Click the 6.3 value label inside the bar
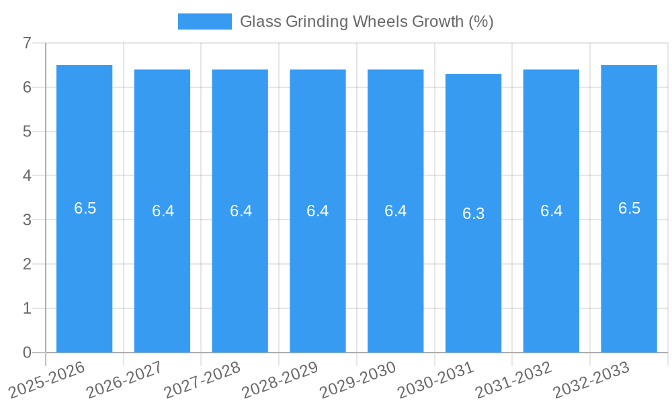(473, 214)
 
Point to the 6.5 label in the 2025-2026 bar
(85, 208)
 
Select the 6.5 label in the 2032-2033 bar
(629, 208)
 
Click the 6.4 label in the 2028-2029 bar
(318, 211)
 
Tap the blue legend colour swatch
(204, 21)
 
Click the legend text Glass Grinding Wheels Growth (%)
(366, 21)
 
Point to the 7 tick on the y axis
(27, 43)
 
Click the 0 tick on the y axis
(27, 353)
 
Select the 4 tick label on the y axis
(27, 176)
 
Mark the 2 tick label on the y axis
(27, 264)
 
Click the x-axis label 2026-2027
(125, 380)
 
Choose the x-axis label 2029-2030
(358, 380)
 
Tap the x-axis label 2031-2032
(514, 380)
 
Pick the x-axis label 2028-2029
(280, 380)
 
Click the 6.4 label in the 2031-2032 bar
(551, 211)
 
